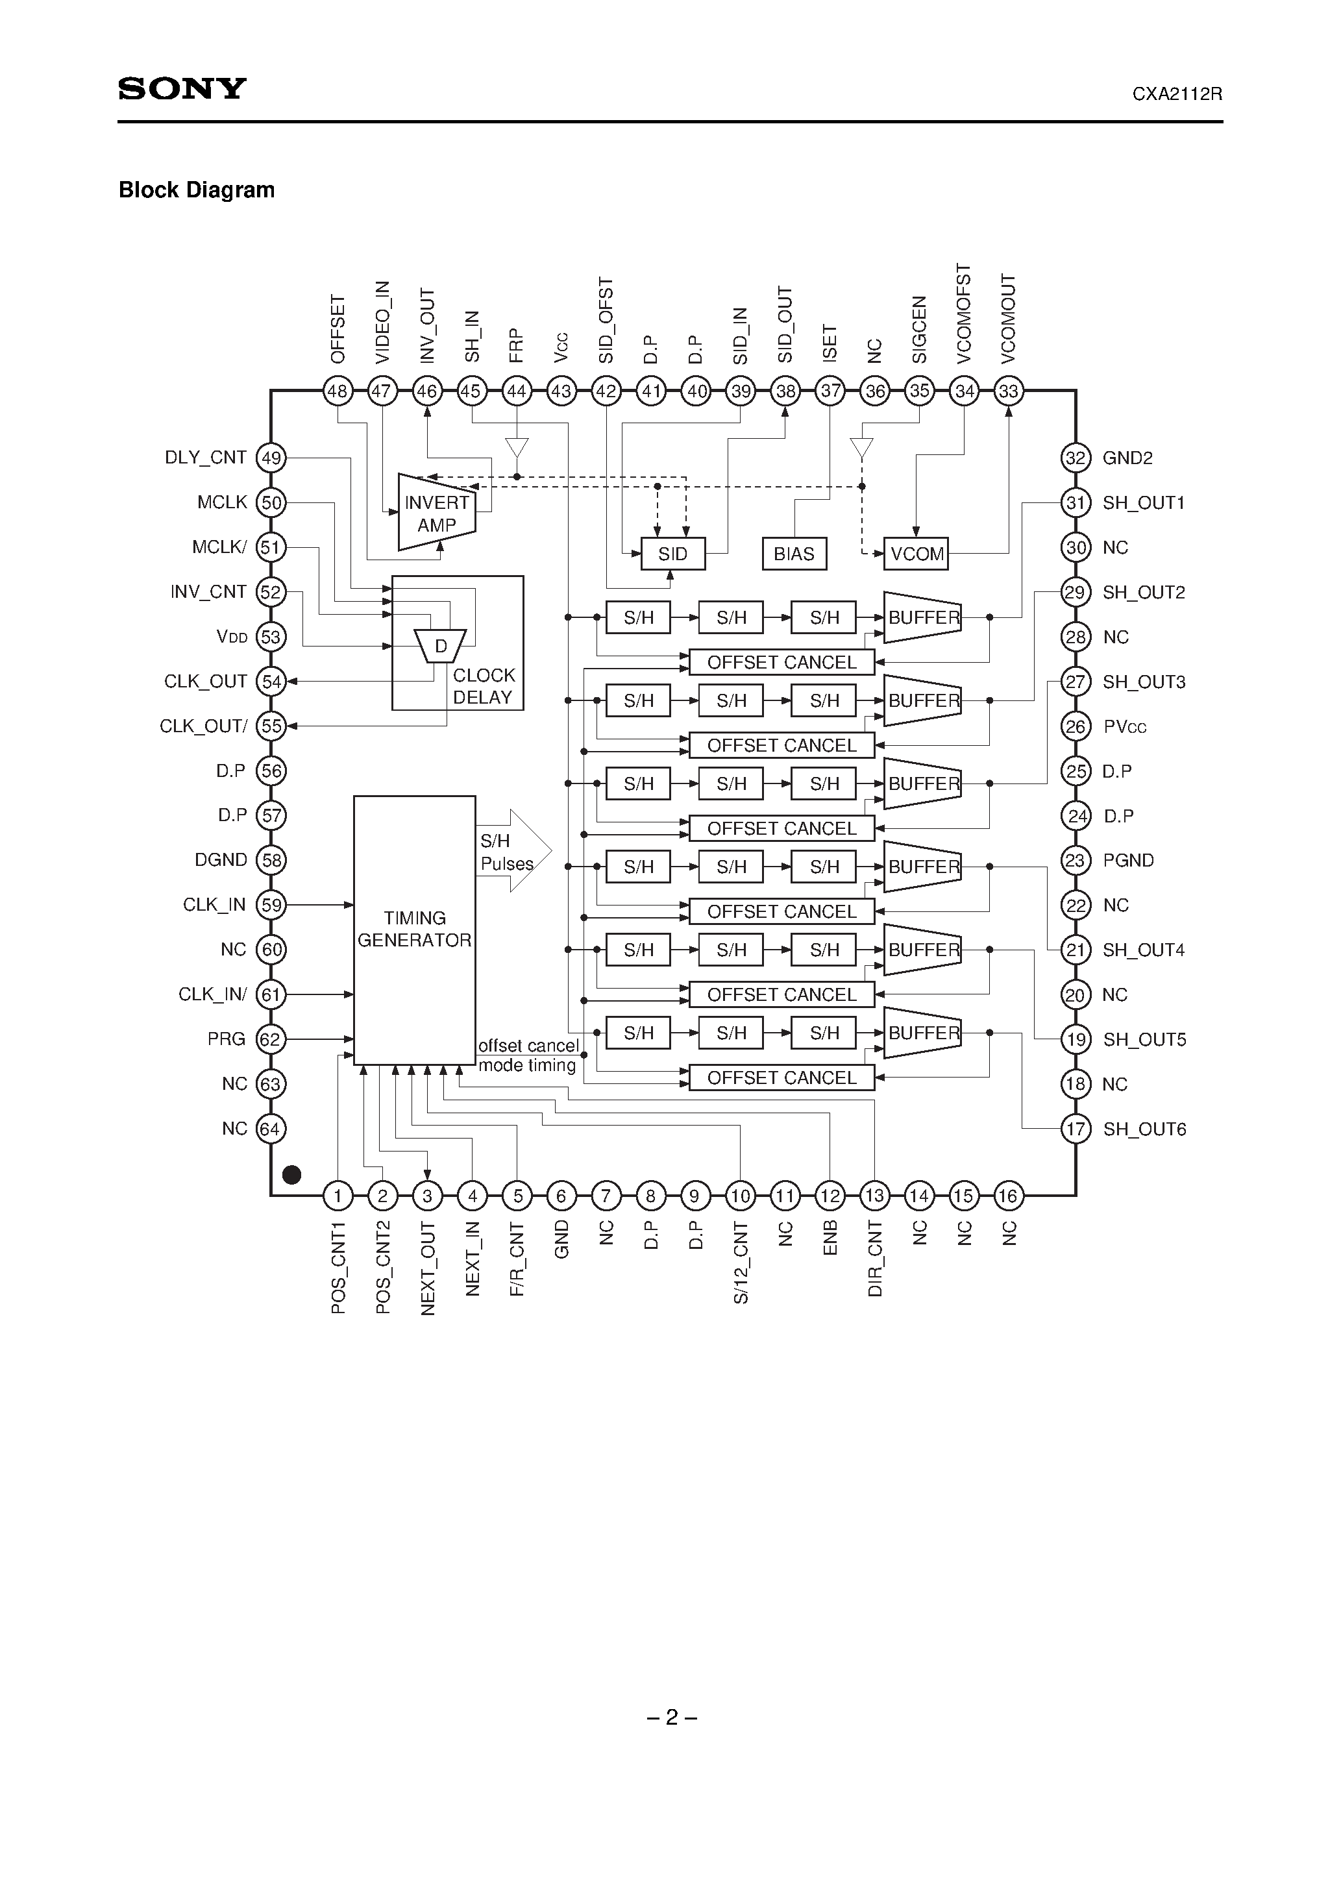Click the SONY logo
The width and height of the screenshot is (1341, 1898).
pyautogui.click(x=182, y=88)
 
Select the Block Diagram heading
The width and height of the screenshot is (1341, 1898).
pyautogui.click(x=197, y=190)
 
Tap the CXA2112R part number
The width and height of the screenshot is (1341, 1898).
pyautogui.click(x=1177, y=94)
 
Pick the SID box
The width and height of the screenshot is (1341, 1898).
pyautogui.click(x=673, y=554)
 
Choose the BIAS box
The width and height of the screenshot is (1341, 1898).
pyautogui.click(x=794, y=554)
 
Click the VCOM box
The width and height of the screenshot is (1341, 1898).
pyautogui.click(x=916, y=554)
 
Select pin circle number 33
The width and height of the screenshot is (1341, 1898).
pyautogui.click(x=1009, y=391)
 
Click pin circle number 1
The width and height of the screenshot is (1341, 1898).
pyautogui.click(x=338, y=1196)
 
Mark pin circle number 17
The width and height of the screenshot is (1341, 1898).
pyautogui.click(x=1075, y=1129)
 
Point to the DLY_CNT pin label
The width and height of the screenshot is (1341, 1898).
pyautogui.click(x=205, y=458)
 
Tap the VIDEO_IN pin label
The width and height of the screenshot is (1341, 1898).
pyautogui.click(x=382, y=323)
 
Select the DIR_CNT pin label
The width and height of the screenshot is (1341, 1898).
pyautogui.click(x=876, y=1259)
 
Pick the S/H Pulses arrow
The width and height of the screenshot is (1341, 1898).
pyautogui.click(x=513, y=852)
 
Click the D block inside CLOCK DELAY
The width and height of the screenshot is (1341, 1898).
pyautogui.click(x=441, y=647)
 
